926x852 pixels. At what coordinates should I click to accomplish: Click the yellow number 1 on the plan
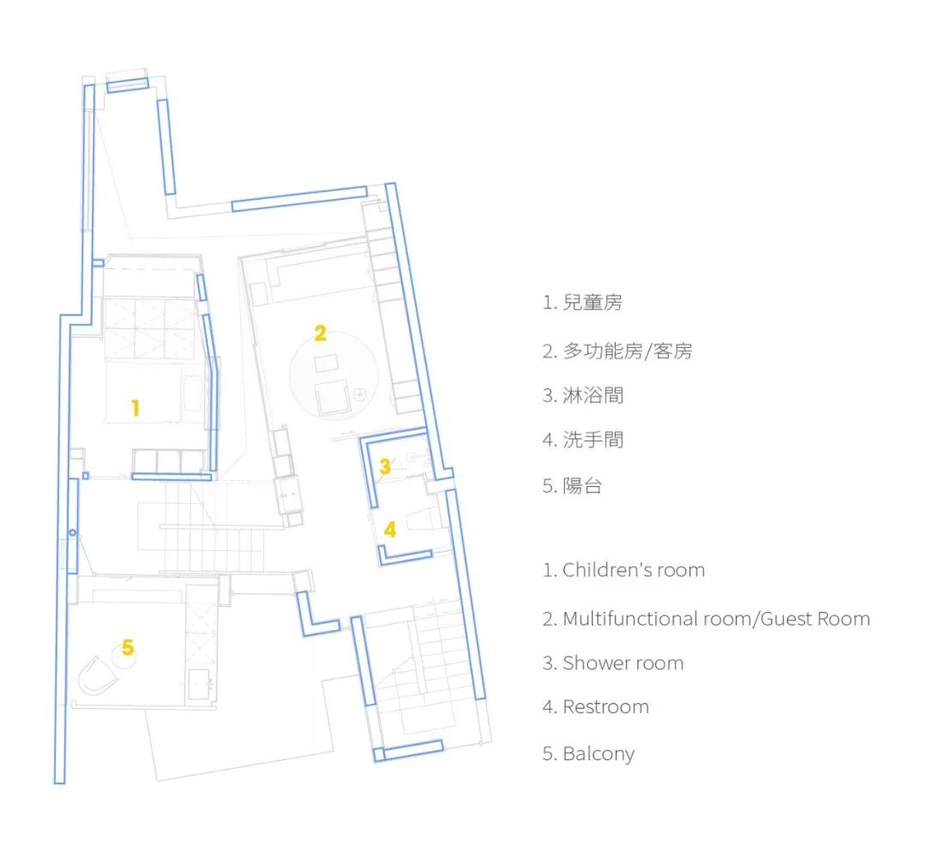135,408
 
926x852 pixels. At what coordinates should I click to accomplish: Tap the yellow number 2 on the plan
320,333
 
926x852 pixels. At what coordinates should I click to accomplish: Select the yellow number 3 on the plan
385,467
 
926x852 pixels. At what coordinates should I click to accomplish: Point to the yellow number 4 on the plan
390,530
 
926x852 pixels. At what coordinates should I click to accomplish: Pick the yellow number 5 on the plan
128,648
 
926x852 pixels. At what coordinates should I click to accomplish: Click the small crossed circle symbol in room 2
360,394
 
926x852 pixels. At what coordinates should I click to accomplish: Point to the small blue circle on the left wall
73,533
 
